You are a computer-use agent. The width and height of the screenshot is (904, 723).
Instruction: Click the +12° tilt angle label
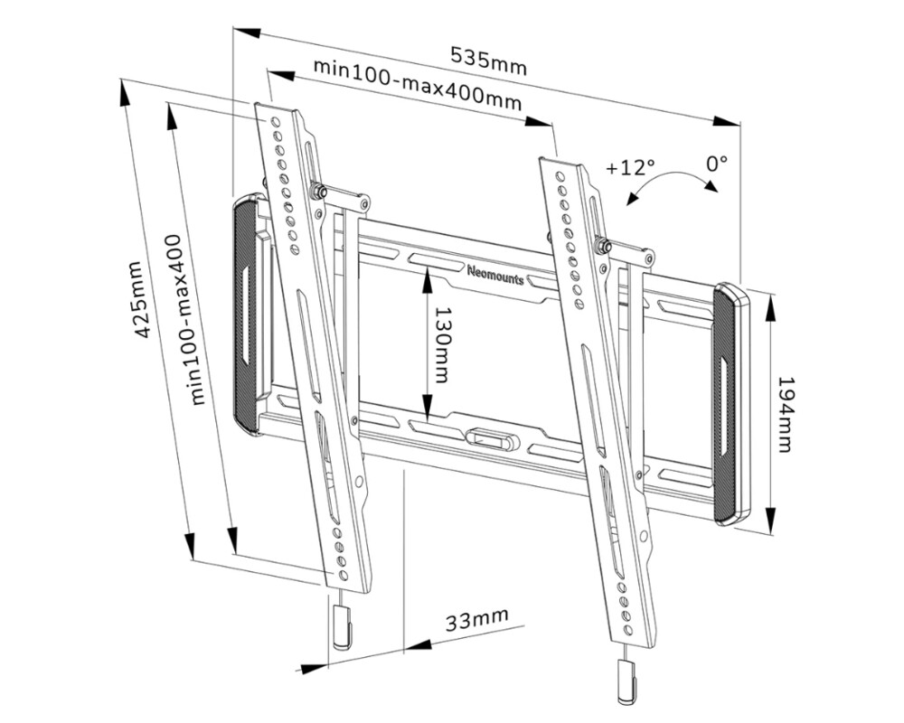point(630,167)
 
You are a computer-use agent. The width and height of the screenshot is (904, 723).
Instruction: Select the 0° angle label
point(717,164)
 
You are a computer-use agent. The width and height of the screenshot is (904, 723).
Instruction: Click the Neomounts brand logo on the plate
point(495,273)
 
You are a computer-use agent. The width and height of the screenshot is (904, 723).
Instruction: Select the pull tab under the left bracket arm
point(339,626)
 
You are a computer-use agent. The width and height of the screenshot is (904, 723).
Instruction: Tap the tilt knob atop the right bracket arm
point(600,243)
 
